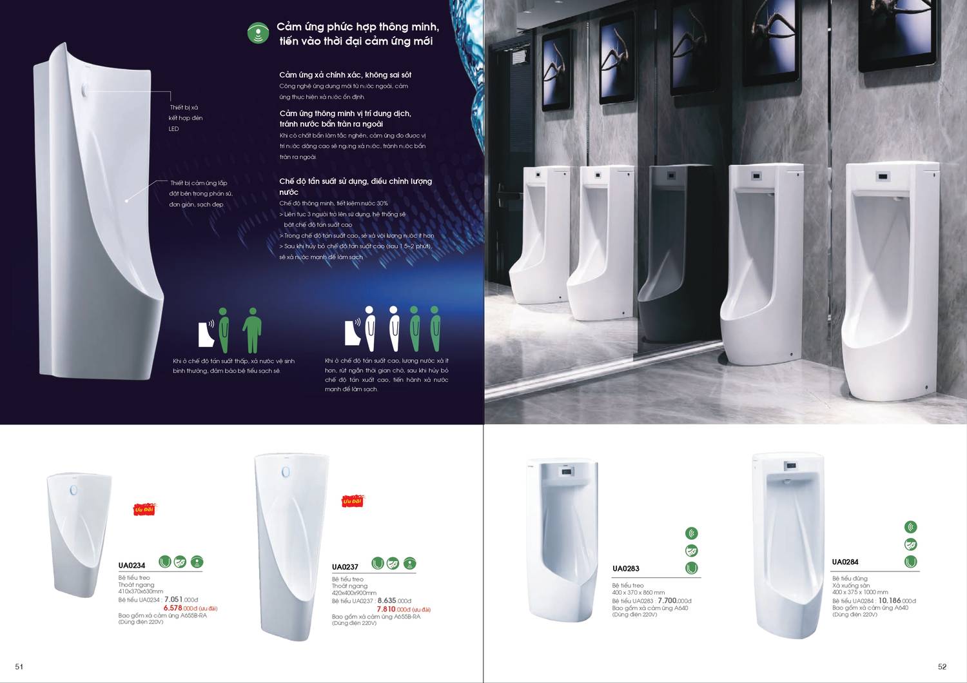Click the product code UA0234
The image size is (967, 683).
point(132,566)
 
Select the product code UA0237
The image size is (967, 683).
point(345,567)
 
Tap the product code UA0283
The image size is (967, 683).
point(625,568)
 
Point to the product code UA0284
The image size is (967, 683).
point(845,562)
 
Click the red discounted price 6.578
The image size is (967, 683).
point(173,608)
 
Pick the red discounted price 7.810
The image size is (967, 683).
point(386,609)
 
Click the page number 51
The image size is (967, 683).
point(19,667)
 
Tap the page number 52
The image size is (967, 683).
point(942,667)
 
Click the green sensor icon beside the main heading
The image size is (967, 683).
point(259,33)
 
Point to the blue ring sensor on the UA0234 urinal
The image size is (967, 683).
point(73,491)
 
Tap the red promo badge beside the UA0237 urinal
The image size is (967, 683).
point(352,501)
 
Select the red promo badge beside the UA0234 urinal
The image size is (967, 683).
point(144,510)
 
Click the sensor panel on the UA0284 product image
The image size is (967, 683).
point(787,466)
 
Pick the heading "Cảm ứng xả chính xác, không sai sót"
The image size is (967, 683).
point(345,75)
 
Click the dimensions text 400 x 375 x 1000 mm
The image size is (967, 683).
point(859,592)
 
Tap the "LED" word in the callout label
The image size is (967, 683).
point(173,129)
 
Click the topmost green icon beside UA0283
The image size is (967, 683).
point(692,533)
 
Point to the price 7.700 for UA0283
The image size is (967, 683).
point(670,600)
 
